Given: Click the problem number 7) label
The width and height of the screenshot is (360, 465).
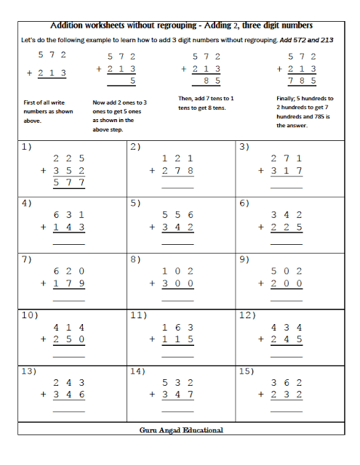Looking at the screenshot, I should pos(26,259).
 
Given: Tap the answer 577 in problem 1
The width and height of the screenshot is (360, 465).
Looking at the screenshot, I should pos(69,183).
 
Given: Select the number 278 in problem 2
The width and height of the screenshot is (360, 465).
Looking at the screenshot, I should pos(177,171).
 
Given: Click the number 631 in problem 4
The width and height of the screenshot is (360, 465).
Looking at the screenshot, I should pos(69,214).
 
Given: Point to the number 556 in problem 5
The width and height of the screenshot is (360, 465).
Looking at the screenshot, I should pos(177,214).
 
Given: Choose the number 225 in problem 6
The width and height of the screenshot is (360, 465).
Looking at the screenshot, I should pos(287,227).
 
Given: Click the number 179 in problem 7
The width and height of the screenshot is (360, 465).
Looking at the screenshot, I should pos(69,283).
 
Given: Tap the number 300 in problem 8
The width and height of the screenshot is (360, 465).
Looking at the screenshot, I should pos(177,283).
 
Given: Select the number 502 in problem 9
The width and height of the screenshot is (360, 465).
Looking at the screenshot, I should pos(287,270).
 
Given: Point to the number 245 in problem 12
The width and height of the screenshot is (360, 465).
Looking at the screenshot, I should pos(287,339).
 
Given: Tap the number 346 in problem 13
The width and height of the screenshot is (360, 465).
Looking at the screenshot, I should pos(69,395).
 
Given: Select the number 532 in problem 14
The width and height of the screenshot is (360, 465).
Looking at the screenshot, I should pos(177,382).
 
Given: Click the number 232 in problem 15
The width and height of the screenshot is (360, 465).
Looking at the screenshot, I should pos(287,395).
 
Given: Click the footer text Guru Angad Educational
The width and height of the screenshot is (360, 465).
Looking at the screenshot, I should pos(181,430).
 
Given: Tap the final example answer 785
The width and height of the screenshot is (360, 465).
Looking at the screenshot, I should pos(303,81).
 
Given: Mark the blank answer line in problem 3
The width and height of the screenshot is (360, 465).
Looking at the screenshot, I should pos(287,187).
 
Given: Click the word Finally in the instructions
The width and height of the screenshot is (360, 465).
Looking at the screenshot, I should pos(287,98).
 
